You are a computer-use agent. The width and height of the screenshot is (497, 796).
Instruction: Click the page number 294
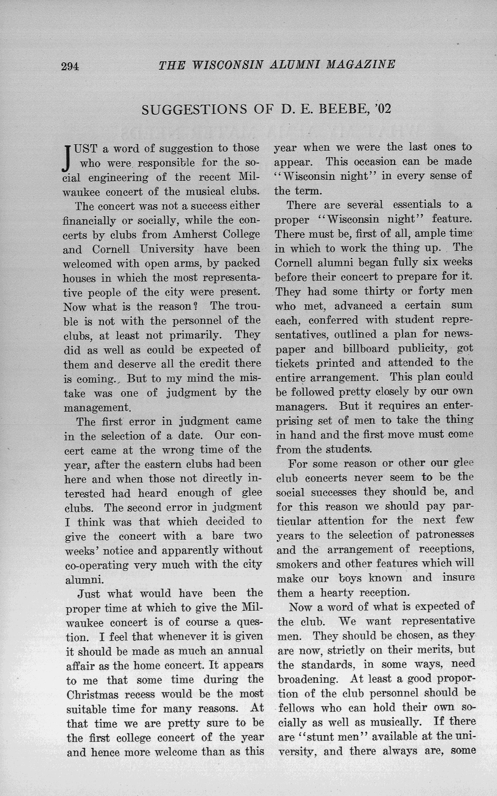point(70,66)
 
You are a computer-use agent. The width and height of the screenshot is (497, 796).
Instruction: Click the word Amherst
point(195,234)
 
